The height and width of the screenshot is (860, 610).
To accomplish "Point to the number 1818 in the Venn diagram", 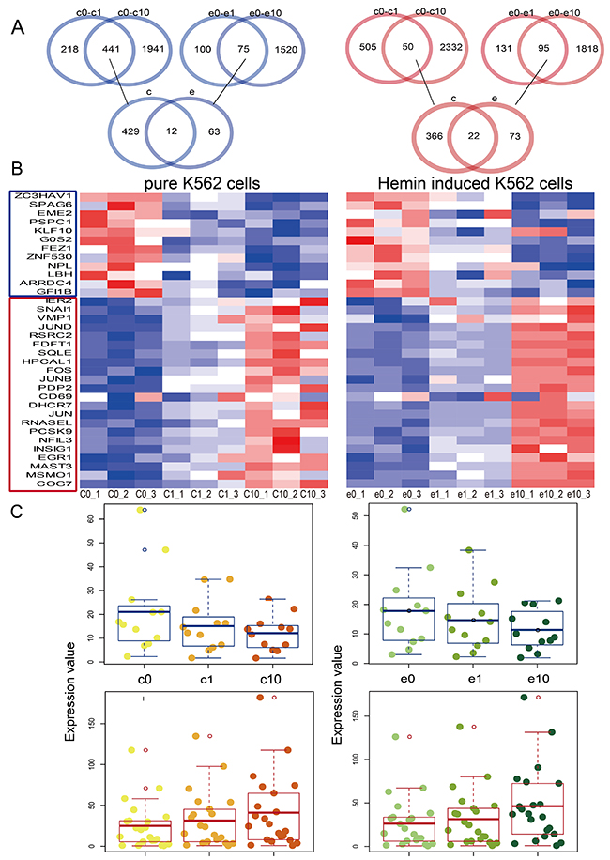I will click(x=575, y=48).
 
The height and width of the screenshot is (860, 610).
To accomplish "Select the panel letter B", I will click(x=18, y=172).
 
